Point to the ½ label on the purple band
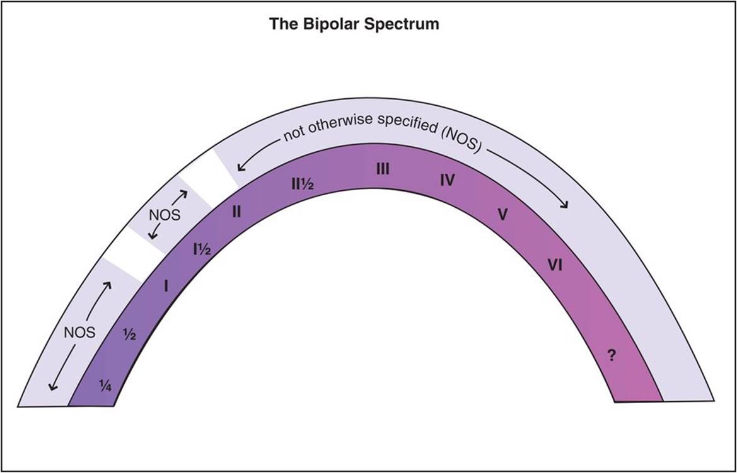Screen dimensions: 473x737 pos(130,334)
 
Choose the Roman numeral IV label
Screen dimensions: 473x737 pos(448,181)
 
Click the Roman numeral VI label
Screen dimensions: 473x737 pos(555,265)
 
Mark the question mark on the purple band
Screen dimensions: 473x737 pos(610,355)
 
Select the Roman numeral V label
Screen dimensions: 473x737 pos(502,215)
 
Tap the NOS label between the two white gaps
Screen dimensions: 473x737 pos(165,214)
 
